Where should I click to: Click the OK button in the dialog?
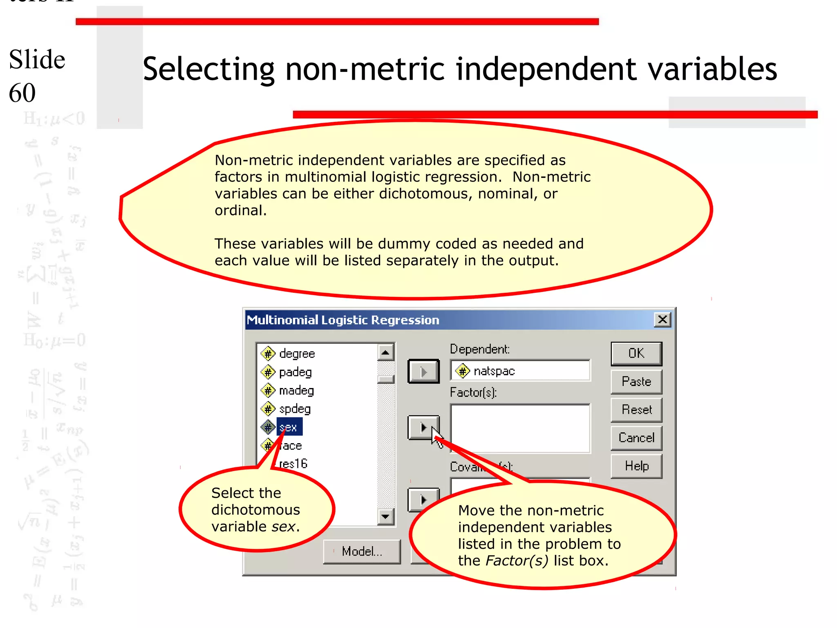[x=636, y=353]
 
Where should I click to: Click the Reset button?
[x=636, y=410]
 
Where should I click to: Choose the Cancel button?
[x=636, y=438]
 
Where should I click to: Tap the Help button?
[x=636, y=466]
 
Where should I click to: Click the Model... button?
[x=362, y=552]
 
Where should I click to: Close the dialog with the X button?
[x=662, y=320]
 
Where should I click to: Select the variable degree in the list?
[x=297, y=354]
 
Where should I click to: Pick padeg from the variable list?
[x=295, y=372]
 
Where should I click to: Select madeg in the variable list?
[x=296, y=390]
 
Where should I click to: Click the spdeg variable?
[x=295, y=409]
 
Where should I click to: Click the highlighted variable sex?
[x=289, y=427]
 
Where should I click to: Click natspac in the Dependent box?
[x=494, y=371]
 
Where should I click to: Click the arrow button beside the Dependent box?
[x=423, y=372]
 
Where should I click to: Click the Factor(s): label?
[x=473, y=392]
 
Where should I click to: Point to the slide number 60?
[x=22, y=93]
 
